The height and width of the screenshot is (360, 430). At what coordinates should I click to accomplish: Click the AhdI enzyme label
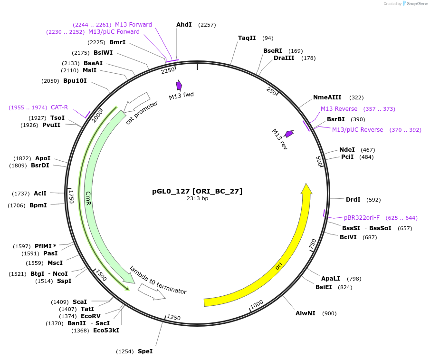coord(184,24)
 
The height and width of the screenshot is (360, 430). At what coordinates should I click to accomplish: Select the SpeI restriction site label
coord(145,351)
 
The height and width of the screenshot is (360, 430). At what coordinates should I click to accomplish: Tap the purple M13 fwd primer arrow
coord(179,85)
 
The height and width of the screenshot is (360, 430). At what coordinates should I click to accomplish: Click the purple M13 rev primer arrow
coord(288,134)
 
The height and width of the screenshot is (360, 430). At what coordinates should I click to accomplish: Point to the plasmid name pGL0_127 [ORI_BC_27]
coord(197,191)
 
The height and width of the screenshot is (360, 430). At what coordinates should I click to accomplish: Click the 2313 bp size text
coord(197,199)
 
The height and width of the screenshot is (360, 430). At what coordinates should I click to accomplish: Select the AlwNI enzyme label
coord(305,313)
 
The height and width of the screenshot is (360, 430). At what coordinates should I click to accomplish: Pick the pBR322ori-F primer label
coord(362,218)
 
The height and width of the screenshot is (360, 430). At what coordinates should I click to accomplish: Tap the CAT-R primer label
coord(59,107)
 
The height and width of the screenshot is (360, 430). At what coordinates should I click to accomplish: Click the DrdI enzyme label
coord(353,200)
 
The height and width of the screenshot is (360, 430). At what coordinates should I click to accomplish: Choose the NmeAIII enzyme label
coord(327,97)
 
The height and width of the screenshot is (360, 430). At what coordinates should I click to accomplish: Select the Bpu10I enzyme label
coord(75,81)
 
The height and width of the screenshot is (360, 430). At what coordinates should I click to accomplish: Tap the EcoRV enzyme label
coord(91,316)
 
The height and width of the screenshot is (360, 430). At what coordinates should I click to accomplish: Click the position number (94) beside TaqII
coord(268,38)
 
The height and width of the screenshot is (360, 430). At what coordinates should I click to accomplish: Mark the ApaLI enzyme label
coord(330,279)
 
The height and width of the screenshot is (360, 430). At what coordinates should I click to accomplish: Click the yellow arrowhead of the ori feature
coord(306,189)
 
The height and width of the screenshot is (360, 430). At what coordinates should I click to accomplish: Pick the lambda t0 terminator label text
coord(158,280)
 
